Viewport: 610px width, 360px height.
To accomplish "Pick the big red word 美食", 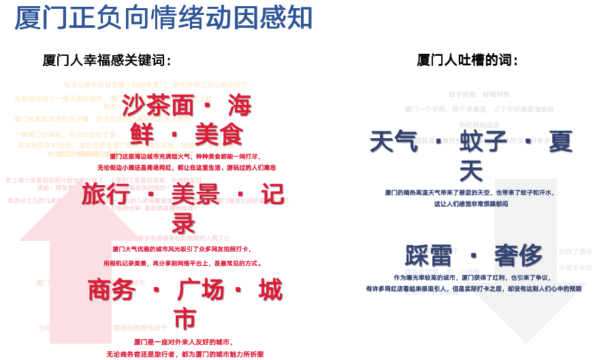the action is click(219, 133).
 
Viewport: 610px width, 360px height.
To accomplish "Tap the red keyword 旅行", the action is click(106, 194).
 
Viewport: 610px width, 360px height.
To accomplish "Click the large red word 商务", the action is click(111, 290).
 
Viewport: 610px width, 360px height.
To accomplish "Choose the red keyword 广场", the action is click(200, 290).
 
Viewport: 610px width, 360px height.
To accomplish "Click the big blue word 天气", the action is click(394, 142).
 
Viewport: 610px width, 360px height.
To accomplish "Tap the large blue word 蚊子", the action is click(482, 142).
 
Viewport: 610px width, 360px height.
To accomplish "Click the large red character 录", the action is click(183, 223).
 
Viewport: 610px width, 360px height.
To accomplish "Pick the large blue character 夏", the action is click(560, 142).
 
